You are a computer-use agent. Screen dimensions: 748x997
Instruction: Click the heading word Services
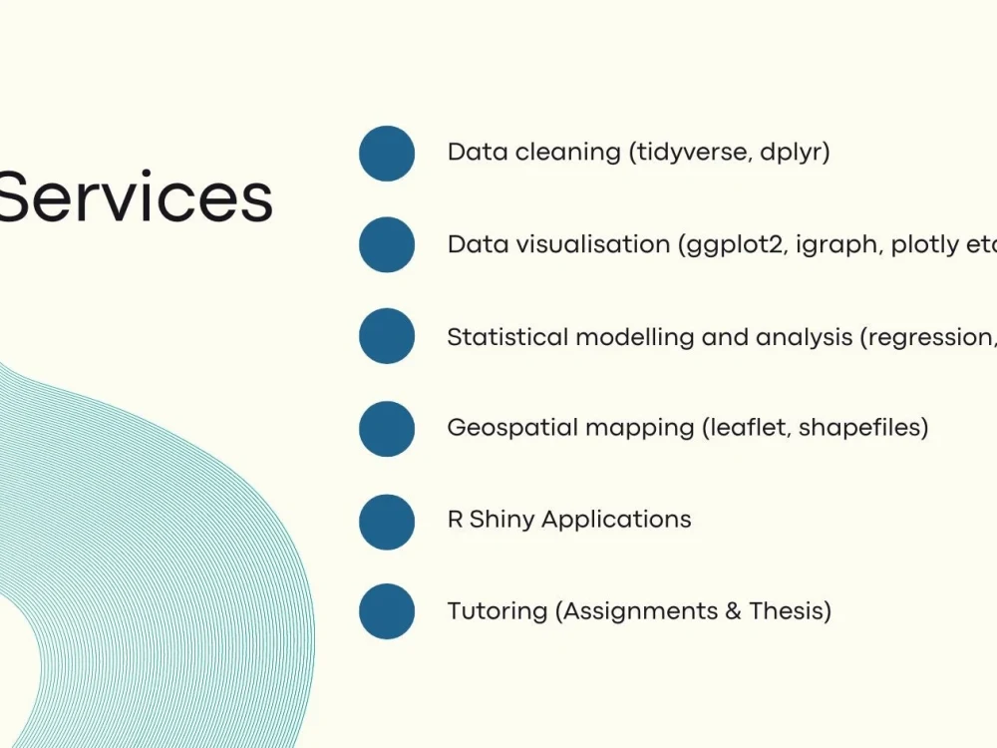135,197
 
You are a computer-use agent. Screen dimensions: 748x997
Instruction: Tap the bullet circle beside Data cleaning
387,154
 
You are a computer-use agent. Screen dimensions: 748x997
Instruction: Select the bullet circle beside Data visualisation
387,244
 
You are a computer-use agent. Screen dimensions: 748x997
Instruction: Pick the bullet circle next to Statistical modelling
387,336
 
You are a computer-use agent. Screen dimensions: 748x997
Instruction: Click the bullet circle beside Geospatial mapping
387,429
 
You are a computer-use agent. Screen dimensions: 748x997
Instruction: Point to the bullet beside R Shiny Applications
387,522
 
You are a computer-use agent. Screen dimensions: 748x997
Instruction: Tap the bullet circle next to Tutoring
387,611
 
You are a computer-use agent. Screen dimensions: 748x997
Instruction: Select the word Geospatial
512,429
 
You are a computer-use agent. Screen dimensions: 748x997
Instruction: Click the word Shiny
501,520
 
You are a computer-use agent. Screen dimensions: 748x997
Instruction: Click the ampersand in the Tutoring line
733,610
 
